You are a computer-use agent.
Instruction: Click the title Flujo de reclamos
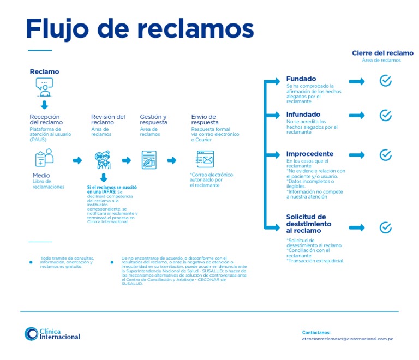[140, 28]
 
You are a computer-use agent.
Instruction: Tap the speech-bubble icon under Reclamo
[44, 85]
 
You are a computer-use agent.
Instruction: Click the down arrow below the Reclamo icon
[44, 105]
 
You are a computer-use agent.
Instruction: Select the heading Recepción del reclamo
[46, 119]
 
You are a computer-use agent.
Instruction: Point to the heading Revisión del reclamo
[108, 119]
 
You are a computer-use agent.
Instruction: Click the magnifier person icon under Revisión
[103, 159]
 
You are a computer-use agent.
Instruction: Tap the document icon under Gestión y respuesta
[149, 159]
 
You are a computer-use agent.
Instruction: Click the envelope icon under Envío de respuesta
[205, 159]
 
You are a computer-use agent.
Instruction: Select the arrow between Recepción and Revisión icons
[77, 160]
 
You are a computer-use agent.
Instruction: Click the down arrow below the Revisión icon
[104, 178]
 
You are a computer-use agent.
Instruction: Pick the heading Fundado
[301, 79]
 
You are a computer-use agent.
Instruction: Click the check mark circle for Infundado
[385, 116]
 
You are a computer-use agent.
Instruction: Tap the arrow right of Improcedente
[356, 154]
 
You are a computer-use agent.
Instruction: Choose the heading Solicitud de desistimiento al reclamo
[309, 224]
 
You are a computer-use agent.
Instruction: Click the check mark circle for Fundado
[385, 81]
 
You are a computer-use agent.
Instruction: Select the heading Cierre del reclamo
[382, 53]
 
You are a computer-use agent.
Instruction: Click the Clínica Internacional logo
[52, 334]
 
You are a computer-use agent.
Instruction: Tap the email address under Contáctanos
[348, 339]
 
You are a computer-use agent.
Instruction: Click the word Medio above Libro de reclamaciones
[41, 176]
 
